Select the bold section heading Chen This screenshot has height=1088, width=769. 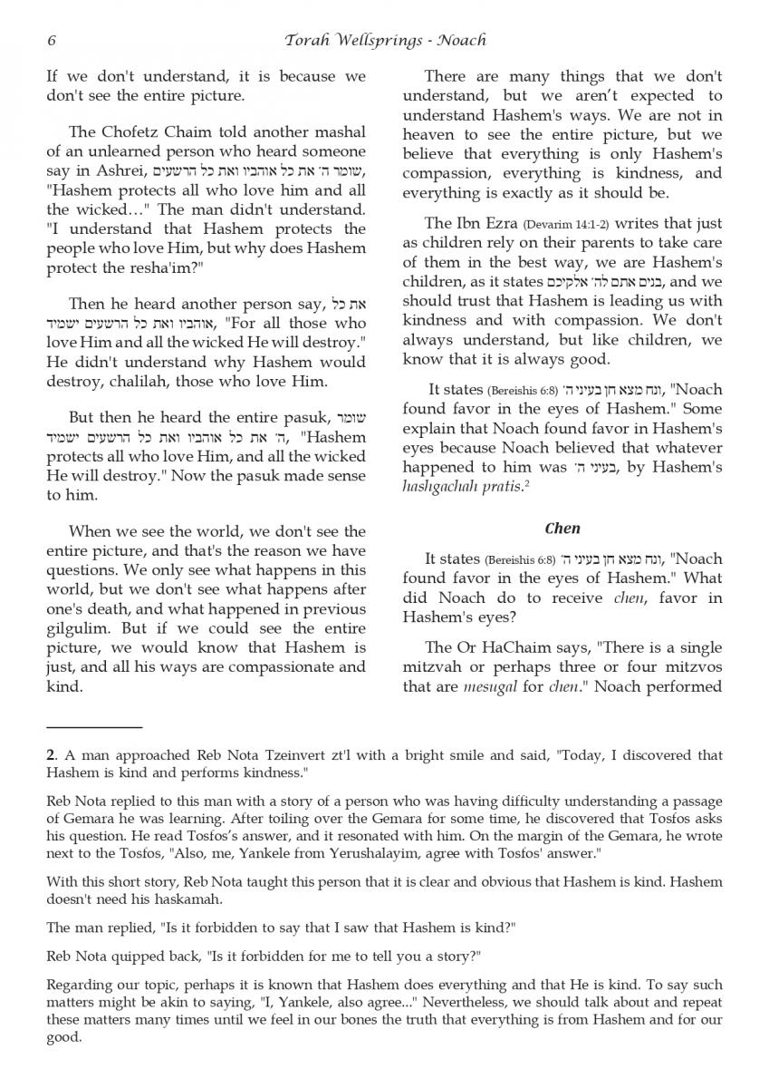[x=562, y=528]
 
